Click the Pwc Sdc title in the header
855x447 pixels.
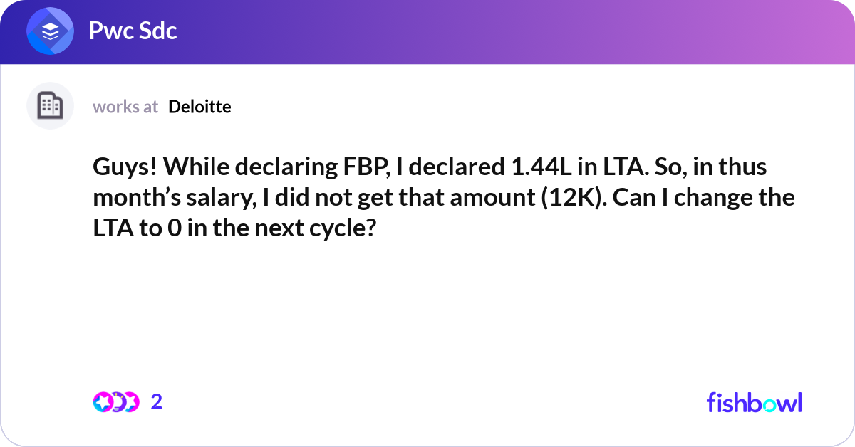(x=133, y=31)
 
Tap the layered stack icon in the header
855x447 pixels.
(x=50, y=32)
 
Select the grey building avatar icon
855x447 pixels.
(x=50, y=106)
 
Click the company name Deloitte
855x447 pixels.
(x=199, y=107)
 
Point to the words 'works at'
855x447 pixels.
(x=125, y=107)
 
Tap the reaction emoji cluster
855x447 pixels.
(x=115, y=402)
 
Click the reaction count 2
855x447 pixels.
(x=157, y=402)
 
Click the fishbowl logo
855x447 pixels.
(x=754, y=402)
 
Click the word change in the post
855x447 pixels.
(x=717, y=197)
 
